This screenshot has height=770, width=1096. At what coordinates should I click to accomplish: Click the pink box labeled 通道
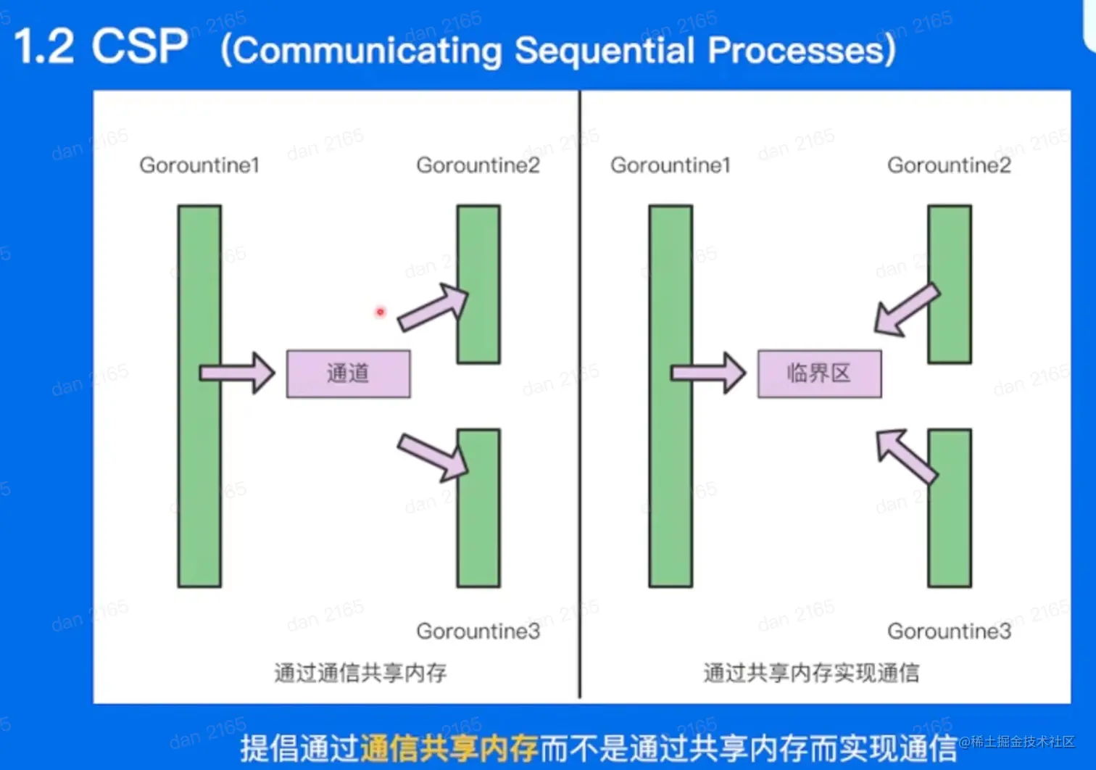(349, 374)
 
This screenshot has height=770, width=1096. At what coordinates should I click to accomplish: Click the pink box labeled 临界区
(820, 374)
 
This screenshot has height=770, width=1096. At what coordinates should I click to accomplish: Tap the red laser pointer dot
(381, 312)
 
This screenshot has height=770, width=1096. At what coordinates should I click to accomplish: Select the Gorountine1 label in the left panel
(199, 165)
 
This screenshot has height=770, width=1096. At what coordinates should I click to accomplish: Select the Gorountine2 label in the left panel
(478, 165)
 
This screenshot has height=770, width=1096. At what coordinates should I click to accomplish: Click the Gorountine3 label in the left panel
(478, 632)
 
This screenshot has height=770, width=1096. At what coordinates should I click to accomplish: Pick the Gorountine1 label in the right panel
(671, 165)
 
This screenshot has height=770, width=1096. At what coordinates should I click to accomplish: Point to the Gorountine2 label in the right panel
(950, 165)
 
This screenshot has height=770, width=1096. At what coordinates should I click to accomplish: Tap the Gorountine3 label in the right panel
(950, 632)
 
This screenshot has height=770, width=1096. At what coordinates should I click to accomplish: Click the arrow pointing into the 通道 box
(237, 373)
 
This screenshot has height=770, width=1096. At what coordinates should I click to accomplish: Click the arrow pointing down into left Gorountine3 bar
(433, 458)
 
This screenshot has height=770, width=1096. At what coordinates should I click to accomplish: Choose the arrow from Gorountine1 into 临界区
(708, 373)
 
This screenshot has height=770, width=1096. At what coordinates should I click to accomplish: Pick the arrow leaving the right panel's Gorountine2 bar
(907, 310)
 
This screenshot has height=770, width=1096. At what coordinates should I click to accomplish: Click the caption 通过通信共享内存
(360, 673)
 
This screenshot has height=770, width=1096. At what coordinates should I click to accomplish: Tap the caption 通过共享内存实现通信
(811, 673)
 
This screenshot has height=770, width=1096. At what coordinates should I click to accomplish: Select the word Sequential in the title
(605, 51)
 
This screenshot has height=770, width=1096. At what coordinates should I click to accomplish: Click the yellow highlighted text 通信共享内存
(449, 748)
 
